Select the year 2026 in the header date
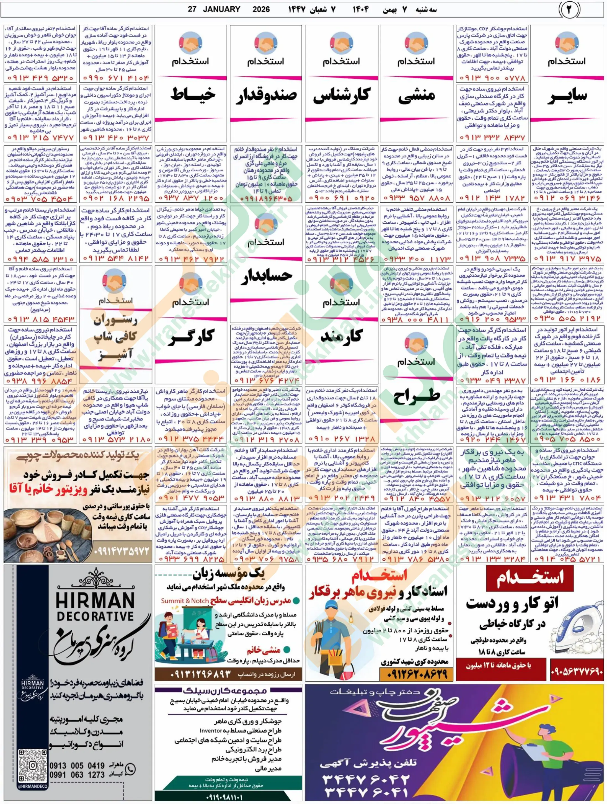(x=261, y=9)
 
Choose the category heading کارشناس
(x=341, y=95)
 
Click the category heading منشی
(x=417, y=95)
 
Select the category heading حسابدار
(x=266, y=275)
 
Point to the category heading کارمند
(x=341, y=336)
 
